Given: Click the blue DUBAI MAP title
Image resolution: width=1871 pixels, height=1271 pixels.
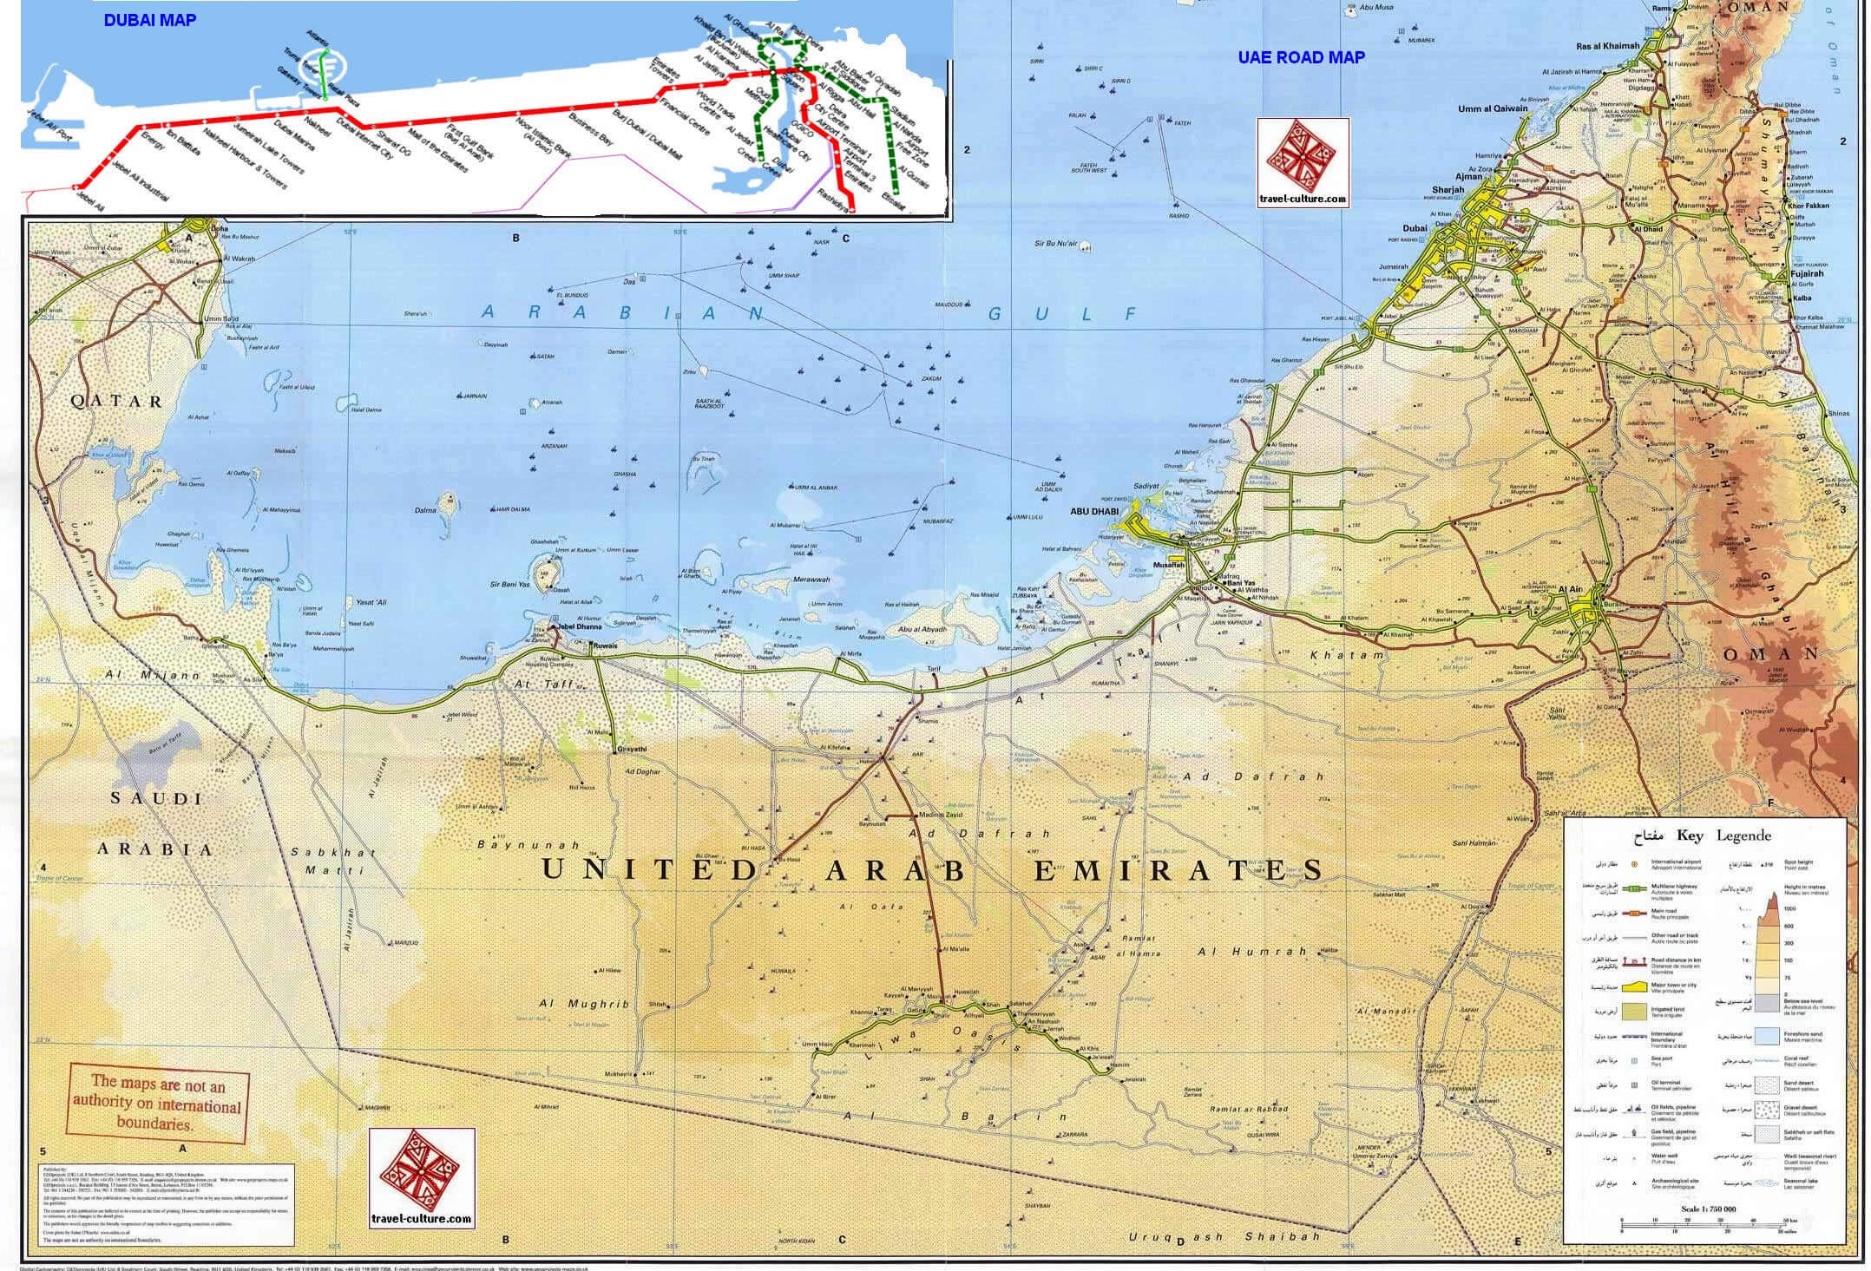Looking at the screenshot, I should pyautogui.click(x=149, y=20).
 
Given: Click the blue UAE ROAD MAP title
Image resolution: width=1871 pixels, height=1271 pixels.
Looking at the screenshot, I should pyautogui.click(x=1301, y=57).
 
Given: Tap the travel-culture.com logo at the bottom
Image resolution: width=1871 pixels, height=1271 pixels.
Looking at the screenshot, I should pyautogui.click(x=422, y=1178).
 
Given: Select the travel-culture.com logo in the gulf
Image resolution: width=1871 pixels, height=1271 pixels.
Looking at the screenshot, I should pyautogui.click(x=1303, y=163).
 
